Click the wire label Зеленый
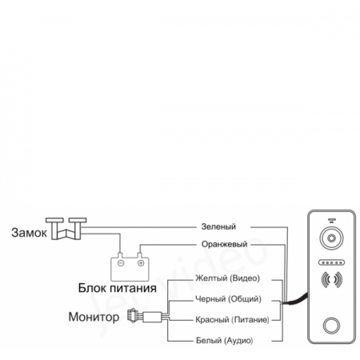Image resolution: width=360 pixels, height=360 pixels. (221, 226)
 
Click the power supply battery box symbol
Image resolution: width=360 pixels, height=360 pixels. (129, 262)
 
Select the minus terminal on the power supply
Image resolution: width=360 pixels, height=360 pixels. (120, 261)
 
